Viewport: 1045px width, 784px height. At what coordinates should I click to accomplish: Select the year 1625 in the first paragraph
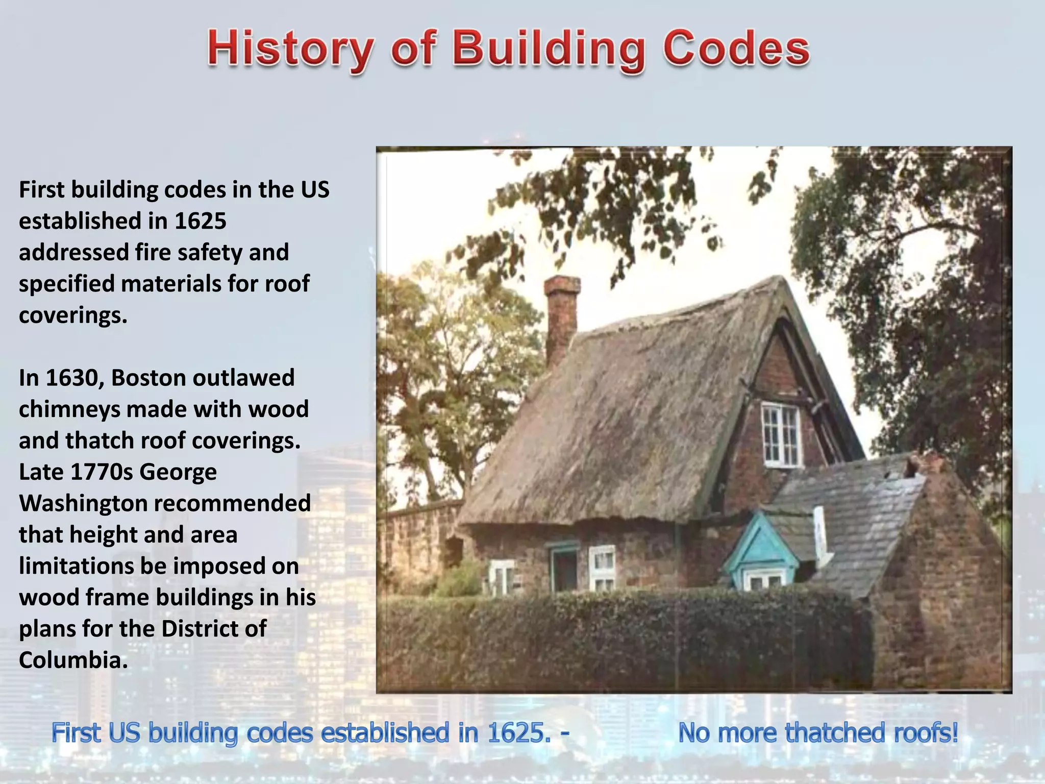(200, 221)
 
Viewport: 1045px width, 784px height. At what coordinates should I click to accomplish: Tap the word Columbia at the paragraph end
(73, 660)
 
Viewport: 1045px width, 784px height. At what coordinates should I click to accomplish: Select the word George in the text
(178, 472)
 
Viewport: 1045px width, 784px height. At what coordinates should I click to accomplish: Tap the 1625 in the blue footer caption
(516, 733)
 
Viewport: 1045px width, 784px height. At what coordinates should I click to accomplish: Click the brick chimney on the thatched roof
(561, 316)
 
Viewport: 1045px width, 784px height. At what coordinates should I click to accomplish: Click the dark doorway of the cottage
(564, 569)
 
